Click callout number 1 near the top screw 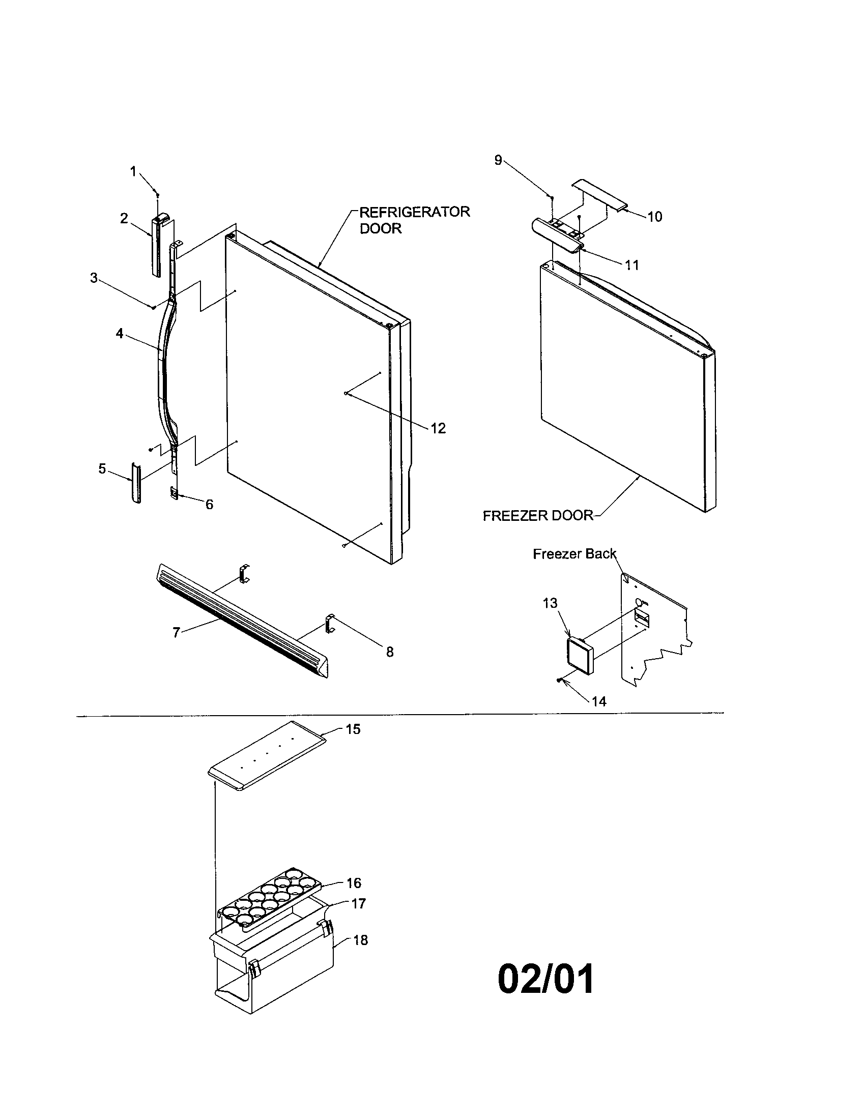coord(133,171)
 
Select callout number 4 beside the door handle coord(120,334)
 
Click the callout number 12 coord(438,428)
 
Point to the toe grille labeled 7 coord(241,623)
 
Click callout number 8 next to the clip coord(390,652)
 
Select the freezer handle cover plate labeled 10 coord(599,194)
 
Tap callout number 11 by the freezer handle coord(632,265)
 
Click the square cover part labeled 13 coord(579,657)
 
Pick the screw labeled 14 coord(560,680)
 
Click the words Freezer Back coord(574,554)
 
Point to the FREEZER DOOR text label coord(537,515)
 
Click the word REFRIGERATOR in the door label coord(414,212)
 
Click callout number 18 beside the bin coord(360,940)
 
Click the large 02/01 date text coord(546,979)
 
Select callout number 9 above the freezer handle coord(498,160)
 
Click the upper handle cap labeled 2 coord(157,246)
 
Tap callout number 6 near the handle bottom coord(209,505)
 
